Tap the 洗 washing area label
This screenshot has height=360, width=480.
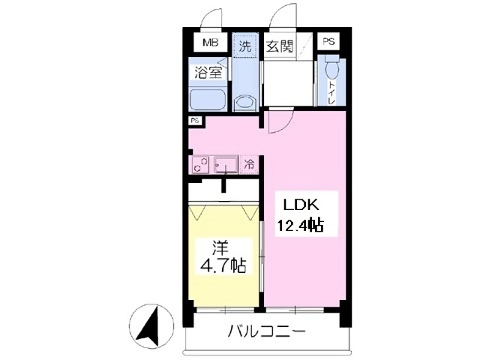tap(244, 45)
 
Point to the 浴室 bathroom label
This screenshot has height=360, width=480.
tap(208, 73)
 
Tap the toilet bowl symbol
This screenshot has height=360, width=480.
tap(334, 71)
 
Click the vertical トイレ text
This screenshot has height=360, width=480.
tap(332, 94)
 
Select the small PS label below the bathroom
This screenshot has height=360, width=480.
tap(193, 121)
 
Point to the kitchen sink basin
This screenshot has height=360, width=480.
tap(224, 165)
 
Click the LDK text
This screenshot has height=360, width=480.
tap(301, 203)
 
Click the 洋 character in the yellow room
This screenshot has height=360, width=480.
tap(220, 247)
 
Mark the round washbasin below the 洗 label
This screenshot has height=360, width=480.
tap(244, 103)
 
